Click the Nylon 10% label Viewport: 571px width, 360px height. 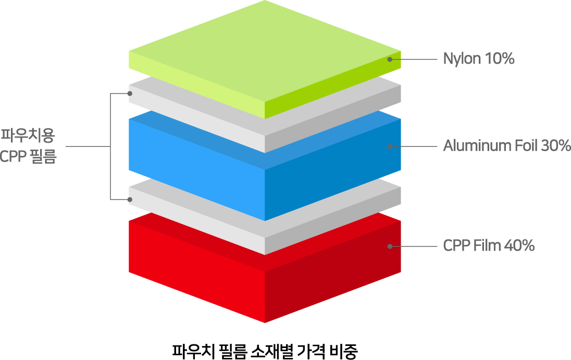tap(478, 59)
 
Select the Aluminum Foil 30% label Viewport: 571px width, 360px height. tap(507, 145)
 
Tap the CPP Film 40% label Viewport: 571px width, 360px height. tap(489, 246)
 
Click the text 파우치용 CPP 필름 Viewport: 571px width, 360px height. tap(28, 146)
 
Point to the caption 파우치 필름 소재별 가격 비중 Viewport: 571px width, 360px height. tap(265, 351)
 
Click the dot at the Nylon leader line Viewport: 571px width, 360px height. tap(390, 59)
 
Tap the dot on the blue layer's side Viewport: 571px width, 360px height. tap(390, 146)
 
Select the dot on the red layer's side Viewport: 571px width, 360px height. tap(390, 246)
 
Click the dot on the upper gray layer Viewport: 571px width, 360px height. tap(130, 94)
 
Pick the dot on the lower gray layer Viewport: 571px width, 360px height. tap(130, 200)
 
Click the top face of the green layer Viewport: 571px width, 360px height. tap(265, 51)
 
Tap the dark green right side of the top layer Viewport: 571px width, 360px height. tap(333, 85)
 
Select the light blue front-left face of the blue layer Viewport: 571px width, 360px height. tap(196, 170)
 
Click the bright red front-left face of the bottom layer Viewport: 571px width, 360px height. tap(196, 272)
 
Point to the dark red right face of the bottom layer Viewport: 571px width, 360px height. tap(333, 272)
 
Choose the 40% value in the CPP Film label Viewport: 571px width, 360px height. tap(519, 246)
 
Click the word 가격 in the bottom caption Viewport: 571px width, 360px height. tap(311, 351)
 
